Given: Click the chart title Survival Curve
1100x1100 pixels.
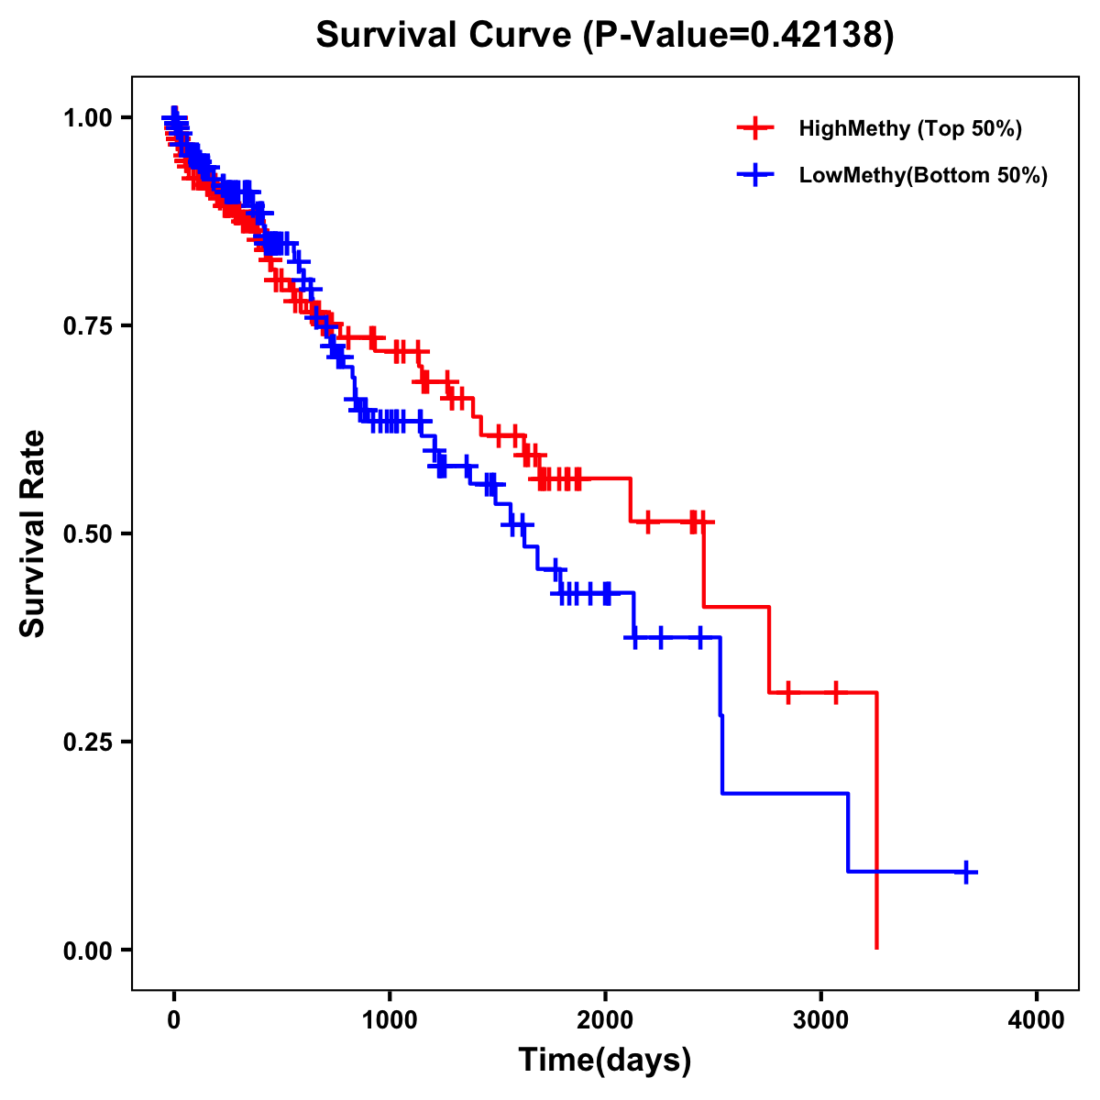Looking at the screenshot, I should pos(445,35).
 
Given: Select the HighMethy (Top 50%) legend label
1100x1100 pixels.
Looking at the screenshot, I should pos(909,128).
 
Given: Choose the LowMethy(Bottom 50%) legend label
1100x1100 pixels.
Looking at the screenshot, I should pos(923,175).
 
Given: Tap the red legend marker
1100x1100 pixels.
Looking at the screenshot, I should pos(755,128).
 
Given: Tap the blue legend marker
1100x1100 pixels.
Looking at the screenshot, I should pos(755,175).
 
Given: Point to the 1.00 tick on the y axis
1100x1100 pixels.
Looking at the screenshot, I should pos(88,117).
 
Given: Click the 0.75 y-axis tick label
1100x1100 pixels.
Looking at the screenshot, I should pos(88,325).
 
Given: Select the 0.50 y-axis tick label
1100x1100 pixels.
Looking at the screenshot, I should pos(88,533).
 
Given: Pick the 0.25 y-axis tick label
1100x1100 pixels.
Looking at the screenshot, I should pos(88,742).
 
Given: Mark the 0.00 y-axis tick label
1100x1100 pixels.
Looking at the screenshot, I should pos(88,950).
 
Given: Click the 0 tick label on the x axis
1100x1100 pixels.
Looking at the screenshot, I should pos(174,1020).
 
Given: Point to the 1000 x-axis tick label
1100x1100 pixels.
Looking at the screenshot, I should pos(390,1020).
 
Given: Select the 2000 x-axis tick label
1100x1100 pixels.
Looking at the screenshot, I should pos(605,1020).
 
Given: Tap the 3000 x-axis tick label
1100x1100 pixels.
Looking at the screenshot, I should pos(821,1020).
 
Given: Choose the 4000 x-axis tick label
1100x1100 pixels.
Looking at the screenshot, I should pos(1037,1020).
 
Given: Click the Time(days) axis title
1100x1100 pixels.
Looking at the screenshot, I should pos(605,1061).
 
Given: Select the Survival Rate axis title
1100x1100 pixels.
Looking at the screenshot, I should pos(33,533).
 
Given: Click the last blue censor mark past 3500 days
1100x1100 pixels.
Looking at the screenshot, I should pos(966,872).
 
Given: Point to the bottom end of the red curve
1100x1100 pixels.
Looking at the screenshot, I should pos(877,947).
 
